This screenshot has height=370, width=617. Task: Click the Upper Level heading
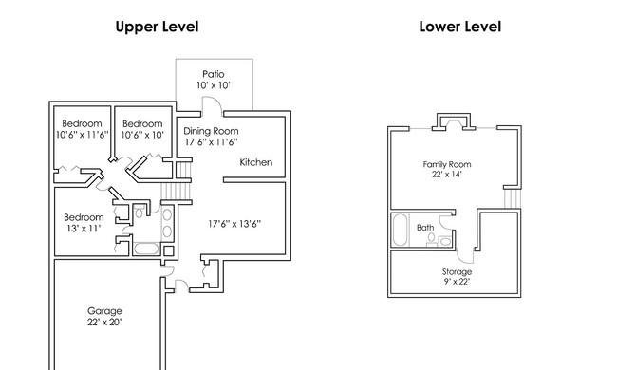click(157, 27)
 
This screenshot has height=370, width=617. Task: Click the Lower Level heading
click(460, 27)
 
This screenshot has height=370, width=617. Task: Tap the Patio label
click(214, 74)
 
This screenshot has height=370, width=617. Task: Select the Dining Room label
click(211, 131)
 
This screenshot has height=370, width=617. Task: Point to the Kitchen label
click(255, 162)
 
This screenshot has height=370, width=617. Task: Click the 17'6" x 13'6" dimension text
click(234, 224)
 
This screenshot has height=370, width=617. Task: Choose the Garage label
click(104, 311)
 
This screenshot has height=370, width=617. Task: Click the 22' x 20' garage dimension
click(104, 322)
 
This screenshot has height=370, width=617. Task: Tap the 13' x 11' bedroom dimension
click(84, 228)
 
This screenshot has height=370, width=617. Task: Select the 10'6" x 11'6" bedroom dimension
click(82, 135)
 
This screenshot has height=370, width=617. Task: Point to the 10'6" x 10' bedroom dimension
click(142, 135)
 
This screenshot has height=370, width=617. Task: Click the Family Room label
click(447, 164)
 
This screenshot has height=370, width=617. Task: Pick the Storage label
click(457, 271)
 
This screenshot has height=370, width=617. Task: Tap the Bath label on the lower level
click(425, 228)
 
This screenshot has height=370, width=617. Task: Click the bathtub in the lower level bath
click(401, 230)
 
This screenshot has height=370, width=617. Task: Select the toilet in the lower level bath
click(432, 240)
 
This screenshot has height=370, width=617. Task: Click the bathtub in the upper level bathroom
click(146, 249)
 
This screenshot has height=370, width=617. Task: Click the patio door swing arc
click(213, 103)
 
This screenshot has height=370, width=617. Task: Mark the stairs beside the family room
click(513, 198)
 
